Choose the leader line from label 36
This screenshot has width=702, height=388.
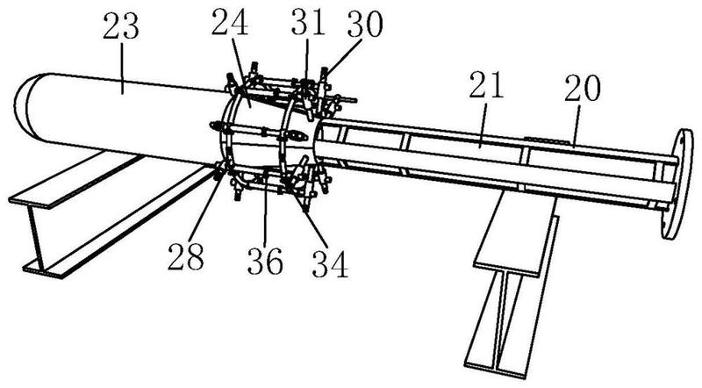click(x=265, y=211)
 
